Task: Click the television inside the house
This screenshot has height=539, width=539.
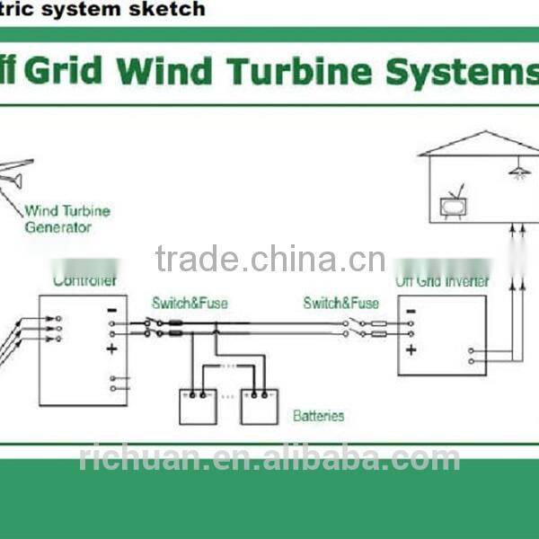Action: pyautogui.click(x=454, y=207)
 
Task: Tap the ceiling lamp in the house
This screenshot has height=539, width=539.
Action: pyautogui.click(x=518, y=171)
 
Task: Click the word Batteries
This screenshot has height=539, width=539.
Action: pyautogui.click(x=318, y=416)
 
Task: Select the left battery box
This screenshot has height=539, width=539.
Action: pyautogui.click(x=199, y=405)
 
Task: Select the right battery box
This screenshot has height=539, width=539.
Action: pyautogui.click(x=259, y=405)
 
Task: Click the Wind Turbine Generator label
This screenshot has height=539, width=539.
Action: pyautogui.click(x=67, y=219)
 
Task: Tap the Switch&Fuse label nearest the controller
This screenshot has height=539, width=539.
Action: pyautogui.click(x=190, y=304)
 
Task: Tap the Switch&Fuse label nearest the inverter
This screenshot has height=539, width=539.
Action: pyautogui.click(x=340, y=304)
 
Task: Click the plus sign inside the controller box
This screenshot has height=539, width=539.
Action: pyautogui.click(x=111, y=349)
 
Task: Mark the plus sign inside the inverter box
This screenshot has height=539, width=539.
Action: pyautogui.click(x=411, y=349)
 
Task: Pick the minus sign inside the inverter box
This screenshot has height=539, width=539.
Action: pyautogui.click(x=411, y=314)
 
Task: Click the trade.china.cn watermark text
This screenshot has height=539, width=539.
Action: pyautogui.click(x=269, y=260)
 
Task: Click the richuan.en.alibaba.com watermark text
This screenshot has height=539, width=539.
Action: pyautogui.click(x=269, y=459)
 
